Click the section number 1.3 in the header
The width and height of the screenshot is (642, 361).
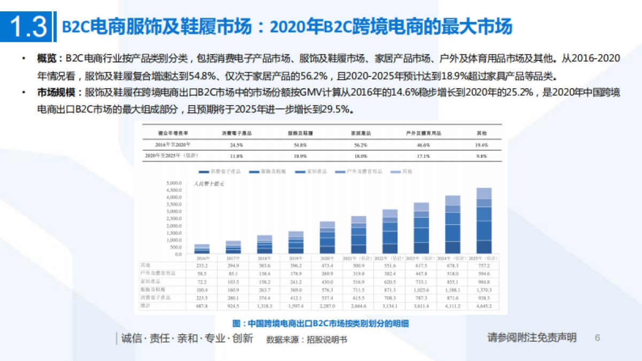pyautogui.click(x=28, y=27)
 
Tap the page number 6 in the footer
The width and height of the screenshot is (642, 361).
pyautogui.click(x=598, y=338)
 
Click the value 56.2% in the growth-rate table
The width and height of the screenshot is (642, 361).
pyautogui.click(x=361, y=145)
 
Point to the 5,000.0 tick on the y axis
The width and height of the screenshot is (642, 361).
pyautogui.click(x=175, y=182)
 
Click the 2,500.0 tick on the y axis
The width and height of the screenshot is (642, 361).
pyautogui.click(x=175, y=218)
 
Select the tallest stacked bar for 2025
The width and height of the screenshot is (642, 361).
pyautogui.click(x=484, y=220)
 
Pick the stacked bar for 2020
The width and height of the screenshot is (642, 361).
pyautogui.click(x=327, y=237)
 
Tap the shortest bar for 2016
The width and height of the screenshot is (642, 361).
pyautogui.click(x=202, y=249)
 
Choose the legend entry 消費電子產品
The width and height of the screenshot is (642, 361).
pyautogui.click(x=220, y=172)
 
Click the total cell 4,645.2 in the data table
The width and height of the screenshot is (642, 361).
pyautogui.click(x=484, y=306)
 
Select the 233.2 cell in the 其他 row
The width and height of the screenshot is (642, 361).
pyautogui.click(x=202, y=265)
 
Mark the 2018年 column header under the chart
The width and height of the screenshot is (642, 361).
pyautogui.click(x=265, y=257)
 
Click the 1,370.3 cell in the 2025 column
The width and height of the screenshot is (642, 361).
pyautogui.click(x=484, y=289)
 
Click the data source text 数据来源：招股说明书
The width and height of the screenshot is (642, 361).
pyautogui.click(x=306, y=339)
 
